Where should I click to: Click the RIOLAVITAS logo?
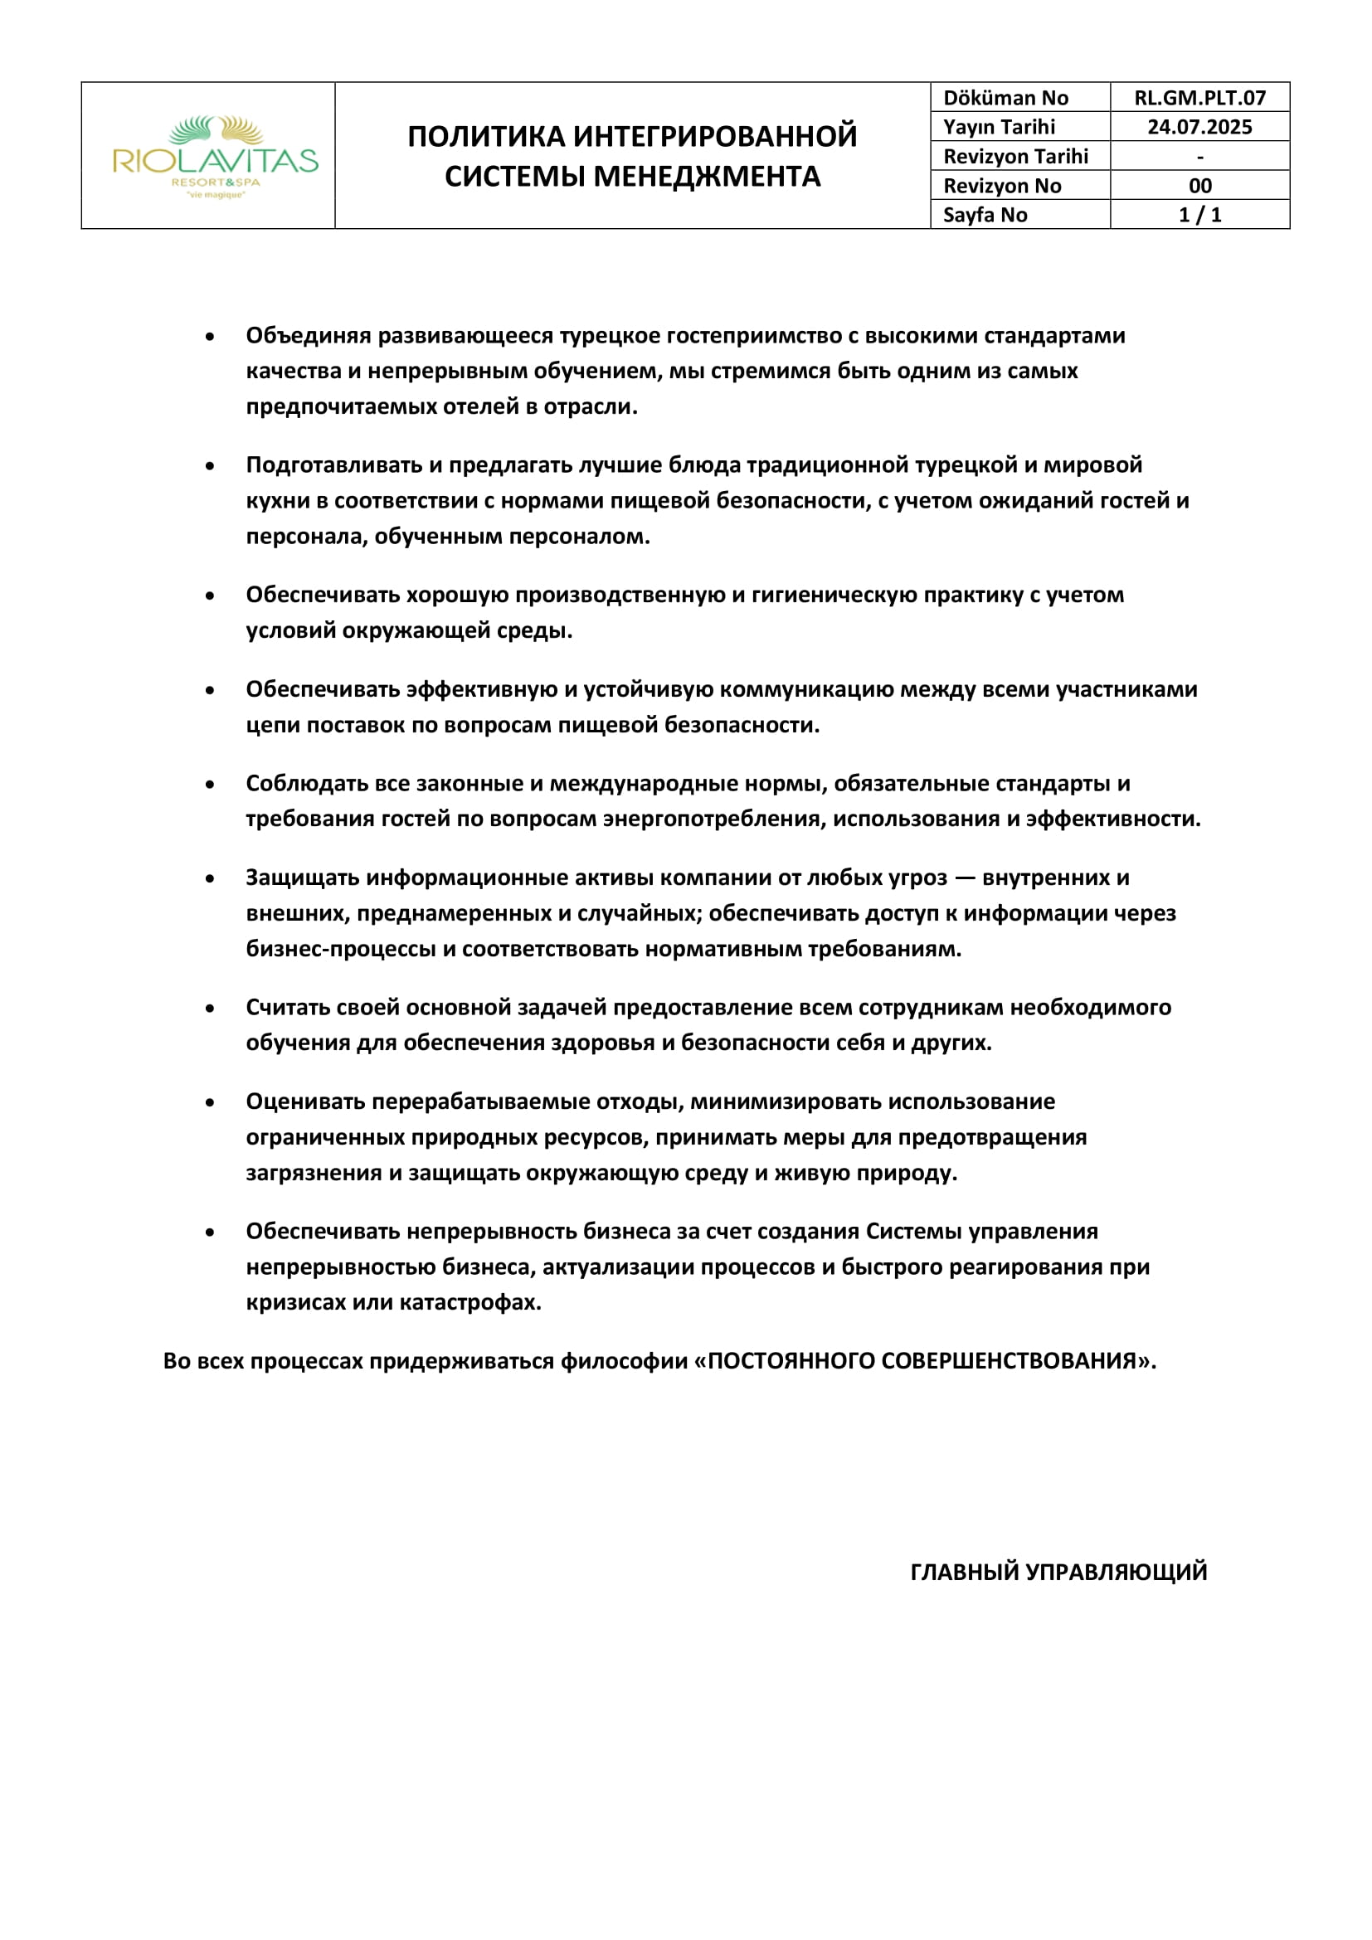coord(216,157)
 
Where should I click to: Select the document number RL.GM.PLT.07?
coord(1199,98)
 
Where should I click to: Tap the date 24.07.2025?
coord(1199,128)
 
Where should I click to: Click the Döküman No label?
coord(1005,98)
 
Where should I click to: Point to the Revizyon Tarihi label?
coord(1015,156)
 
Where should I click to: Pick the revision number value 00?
coord(1199,186)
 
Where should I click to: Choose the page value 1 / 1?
coord(1199,215)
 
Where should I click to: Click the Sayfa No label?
coord(985,215)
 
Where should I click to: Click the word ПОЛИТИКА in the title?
coord(486,137)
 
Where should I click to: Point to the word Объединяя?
coord(309,335)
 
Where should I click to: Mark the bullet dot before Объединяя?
coord(210,337)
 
